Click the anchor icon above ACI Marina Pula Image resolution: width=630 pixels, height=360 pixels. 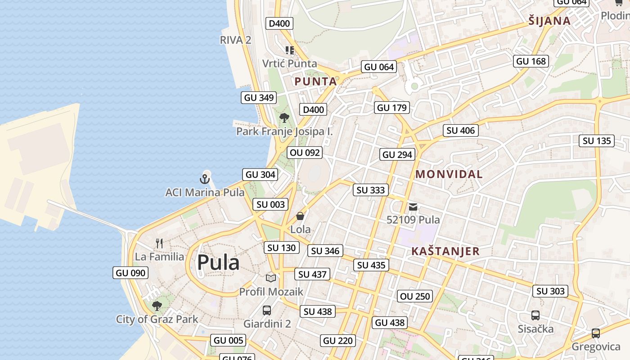click(x=205, y=179)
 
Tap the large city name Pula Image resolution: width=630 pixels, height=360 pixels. click(x=218, y=262)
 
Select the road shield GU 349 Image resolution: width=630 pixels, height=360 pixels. click(x=258, y=98)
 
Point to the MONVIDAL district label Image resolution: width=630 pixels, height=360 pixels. click(x=449, y=174)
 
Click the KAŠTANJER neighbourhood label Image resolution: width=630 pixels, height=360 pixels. click(x=445, y=251)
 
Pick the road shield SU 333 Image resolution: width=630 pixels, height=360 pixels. click(x=371, y=190)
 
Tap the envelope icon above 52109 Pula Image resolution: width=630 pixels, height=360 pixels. click(x=413, y=207)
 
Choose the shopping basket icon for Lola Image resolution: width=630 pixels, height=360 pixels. click(x=300, y=216)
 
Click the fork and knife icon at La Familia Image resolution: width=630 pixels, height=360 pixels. click(x=159, y=243)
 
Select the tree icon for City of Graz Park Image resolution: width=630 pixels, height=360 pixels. click(x=157, y=306)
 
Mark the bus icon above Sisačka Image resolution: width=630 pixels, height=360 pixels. click(x=535, y=315)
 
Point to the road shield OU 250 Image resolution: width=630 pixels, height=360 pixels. click(x=415, y=296)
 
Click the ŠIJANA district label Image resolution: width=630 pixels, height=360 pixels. click(x=549, y=21)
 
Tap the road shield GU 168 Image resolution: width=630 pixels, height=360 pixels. click(x=531, y=61)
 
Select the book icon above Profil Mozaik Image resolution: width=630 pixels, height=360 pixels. click(x=270, y=279)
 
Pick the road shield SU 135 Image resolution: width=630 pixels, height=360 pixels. click(x=597, y=141)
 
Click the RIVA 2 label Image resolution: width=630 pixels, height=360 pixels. click(x=235, y=40)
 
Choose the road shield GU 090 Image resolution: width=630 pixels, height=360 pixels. click(x=130, y=273)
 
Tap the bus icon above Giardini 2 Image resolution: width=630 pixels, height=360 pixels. click(x=267, y=310)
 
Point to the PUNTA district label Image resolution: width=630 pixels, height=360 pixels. click(x=315, y=81)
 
